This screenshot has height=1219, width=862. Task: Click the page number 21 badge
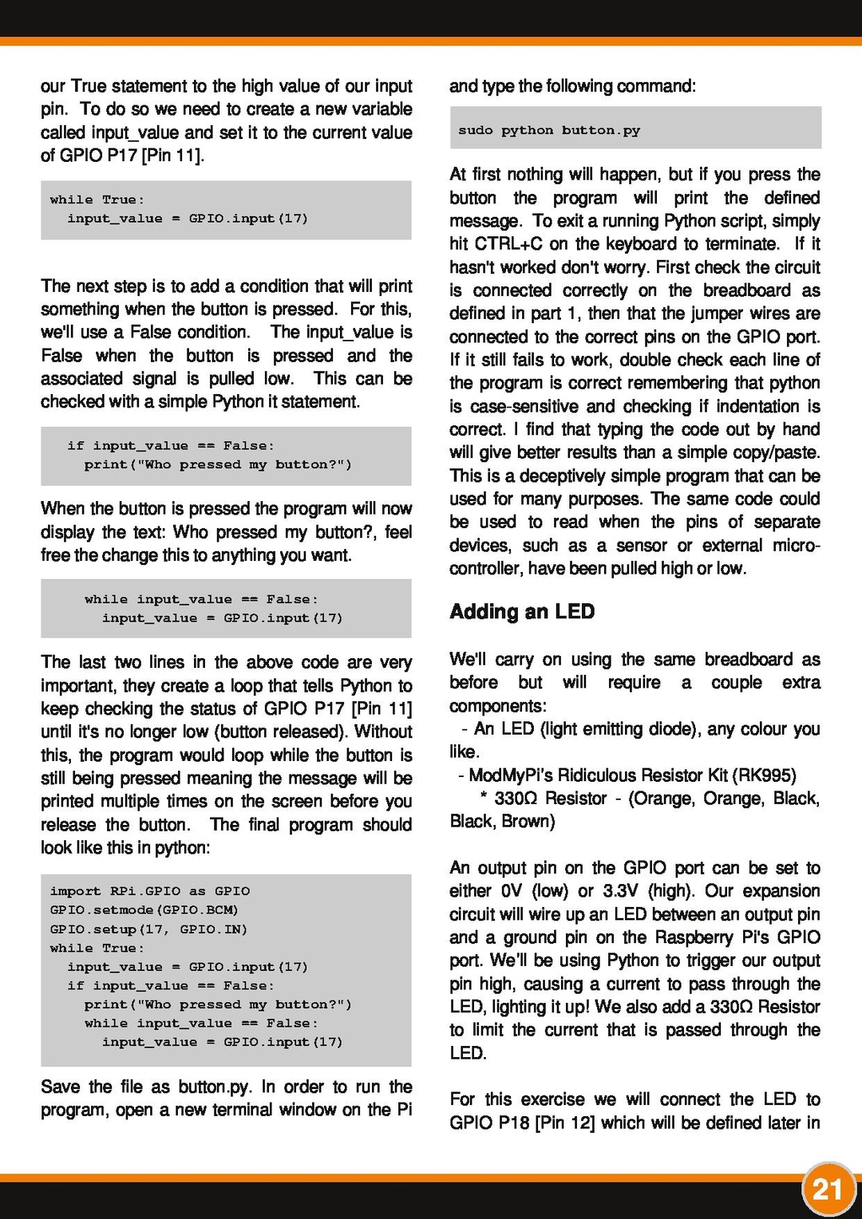[828, 1189]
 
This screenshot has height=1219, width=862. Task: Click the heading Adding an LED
[522, 612]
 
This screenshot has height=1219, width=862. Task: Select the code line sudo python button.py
[549, 130]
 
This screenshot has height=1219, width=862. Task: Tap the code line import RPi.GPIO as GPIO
[149, 891]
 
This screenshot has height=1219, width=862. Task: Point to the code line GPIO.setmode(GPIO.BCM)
[144, 910]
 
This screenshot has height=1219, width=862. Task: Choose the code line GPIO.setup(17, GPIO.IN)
[148, 929]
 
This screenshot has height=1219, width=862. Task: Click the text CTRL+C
[508, 244]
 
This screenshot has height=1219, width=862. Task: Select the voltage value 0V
[511, 891]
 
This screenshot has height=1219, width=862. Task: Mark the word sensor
[641, 546]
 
